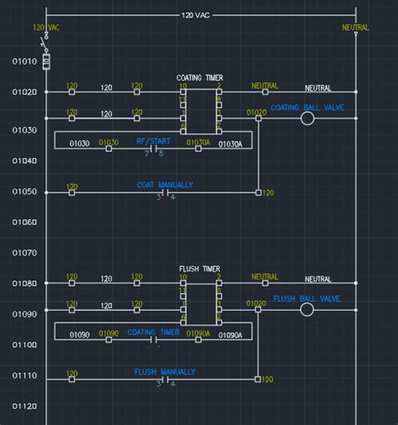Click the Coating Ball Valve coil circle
coord(306,119)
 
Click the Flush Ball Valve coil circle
coord(306,310)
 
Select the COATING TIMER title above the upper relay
coord(200,78)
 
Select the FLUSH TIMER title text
coord(200,270)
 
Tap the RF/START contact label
coord(152,142)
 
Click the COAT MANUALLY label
coord(165,185)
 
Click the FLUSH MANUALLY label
coord(165,371)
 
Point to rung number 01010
coord(24,61)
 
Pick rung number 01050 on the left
coord(24,192)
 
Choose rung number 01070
coord(24,252)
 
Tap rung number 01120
coord(24,407)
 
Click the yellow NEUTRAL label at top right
coord(355,28)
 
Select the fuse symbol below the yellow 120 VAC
coord(46,60)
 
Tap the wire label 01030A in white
coord(230,144)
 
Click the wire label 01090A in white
coord(230,335)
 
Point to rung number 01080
coord(24,284)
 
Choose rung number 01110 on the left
coord(24,376)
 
